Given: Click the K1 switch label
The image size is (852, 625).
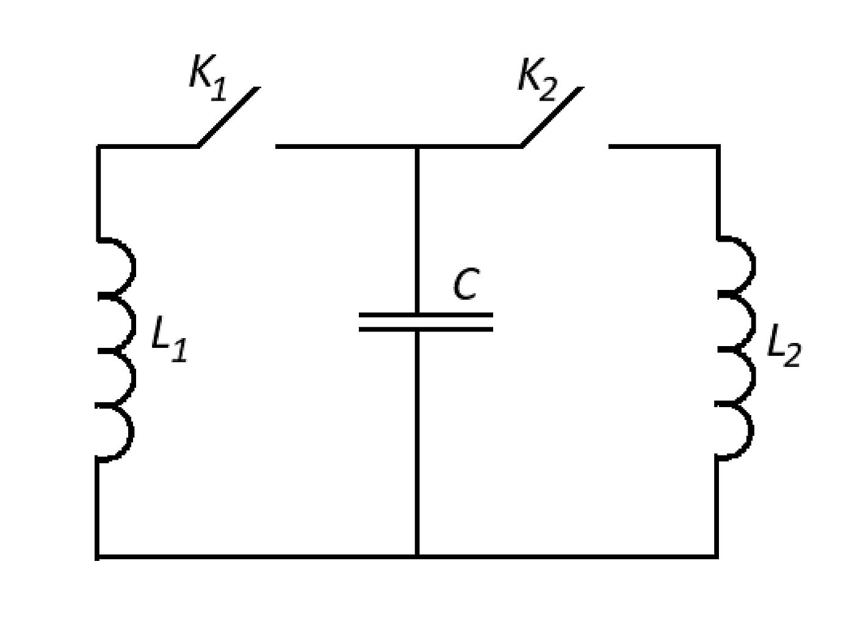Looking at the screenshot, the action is pos(208,78).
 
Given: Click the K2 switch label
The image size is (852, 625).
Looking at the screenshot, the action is pos(538,79).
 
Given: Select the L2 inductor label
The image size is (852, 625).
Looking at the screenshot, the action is pos(784,346).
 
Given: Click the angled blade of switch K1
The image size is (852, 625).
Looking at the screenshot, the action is pos(229,117).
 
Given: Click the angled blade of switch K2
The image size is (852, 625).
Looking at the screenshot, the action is pos(552,117).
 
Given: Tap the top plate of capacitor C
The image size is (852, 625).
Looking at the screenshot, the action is pos(426,315).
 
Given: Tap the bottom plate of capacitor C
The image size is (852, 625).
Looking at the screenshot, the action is pos(426,330).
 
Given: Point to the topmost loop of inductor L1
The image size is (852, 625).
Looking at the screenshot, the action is pos(133,267).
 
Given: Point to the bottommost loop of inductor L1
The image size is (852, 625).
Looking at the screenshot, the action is pos(131,433).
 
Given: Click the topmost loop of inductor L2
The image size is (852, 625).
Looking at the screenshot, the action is pos(753,266).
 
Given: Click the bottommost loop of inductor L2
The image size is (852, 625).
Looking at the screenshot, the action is pos(751,432).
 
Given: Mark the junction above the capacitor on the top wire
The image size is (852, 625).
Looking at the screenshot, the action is pos(417,146).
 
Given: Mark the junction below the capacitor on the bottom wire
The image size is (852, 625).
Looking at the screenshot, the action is pos(417,557).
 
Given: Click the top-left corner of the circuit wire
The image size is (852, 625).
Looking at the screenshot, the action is pos(98,146).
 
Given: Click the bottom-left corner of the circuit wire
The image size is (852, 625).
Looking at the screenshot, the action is pos(98,557).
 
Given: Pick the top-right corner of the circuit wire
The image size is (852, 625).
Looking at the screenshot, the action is pos(718,146).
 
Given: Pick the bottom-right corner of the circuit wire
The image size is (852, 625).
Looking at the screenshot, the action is pos(717,557).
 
